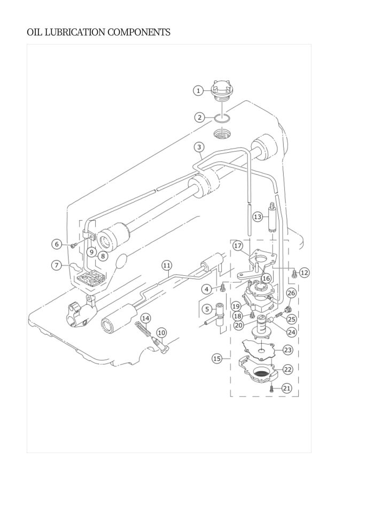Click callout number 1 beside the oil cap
click(199, 90)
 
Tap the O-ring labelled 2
click(222, 118)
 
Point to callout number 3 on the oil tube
click(199, 147)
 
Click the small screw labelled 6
click(74, 245)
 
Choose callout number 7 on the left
click(57, 265)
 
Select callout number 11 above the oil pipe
click(167, 265)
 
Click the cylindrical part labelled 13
click(272, 217)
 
